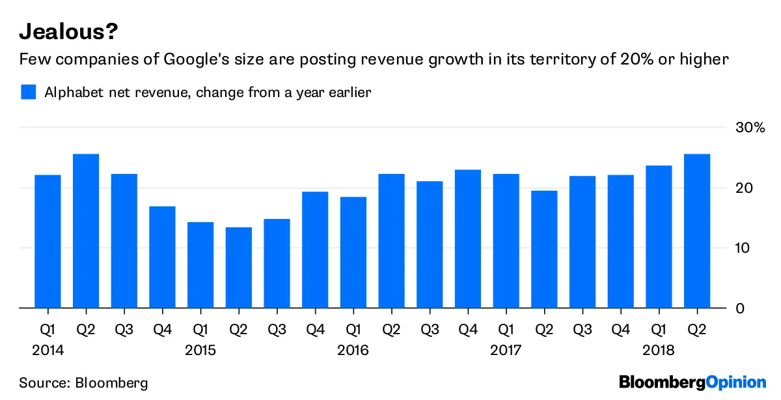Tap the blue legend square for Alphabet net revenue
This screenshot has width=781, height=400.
coord(28,92)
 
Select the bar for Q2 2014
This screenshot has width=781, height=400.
coord(86,231)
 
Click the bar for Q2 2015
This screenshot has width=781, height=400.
coord(238,267)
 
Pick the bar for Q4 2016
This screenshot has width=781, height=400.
coord(468,238)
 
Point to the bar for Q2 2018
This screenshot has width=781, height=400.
coord(697,231)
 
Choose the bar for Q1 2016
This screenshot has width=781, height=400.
coord(353,252)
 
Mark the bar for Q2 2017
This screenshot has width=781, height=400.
coord(544,249)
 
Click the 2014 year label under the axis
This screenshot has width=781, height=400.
coord(48,350)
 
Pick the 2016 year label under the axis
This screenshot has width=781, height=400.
coord(353,350)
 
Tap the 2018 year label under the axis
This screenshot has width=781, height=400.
coord(659,350)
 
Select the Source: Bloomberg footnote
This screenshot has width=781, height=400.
coord(83,382)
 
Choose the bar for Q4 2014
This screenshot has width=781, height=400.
coord(162,257)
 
